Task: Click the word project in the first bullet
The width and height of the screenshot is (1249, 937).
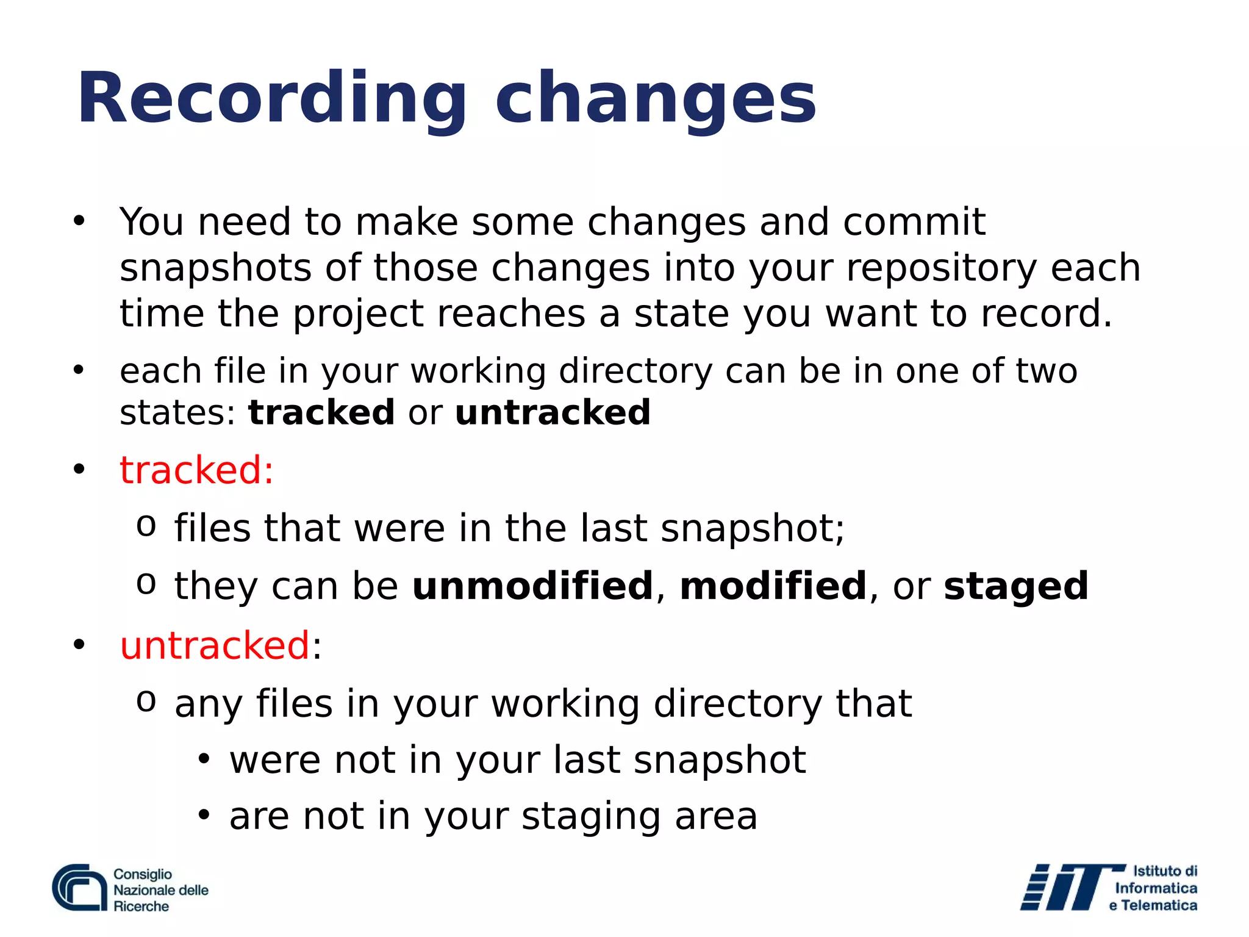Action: pyautogui.click(x=358, y=315)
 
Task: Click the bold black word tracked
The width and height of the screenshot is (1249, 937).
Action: pyautogui.click(x=321, y=412)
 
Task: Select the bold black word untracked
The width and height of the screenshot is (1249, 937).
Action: pyautogui.click(x=553, y=412)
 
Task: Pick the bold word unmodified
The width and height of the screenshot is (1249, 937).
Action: pyautogui.click(x=532, y=586)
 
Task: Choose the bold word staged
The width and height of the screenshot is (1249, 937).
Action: pyautogui.click(x=1015, y=587)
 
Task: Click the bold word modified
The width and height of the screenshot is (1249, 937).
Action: pyautogui.click(x=773, y=586)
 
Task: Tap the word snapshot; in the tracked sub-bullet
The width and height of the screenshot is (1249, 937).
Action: pyautogui.click(x=753, y=528)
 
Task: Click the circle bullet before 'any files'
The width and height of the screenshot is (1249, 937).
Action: pyautogui.click(x=146, y=702)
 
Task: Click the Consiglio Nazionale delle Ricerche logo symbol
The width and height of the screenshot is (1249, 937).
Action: pyautogui.click(x=79, y=888)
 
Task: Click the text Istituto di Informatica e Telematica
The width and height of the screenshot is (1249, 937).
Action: pyautogui.click(x=1155, y=888)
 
